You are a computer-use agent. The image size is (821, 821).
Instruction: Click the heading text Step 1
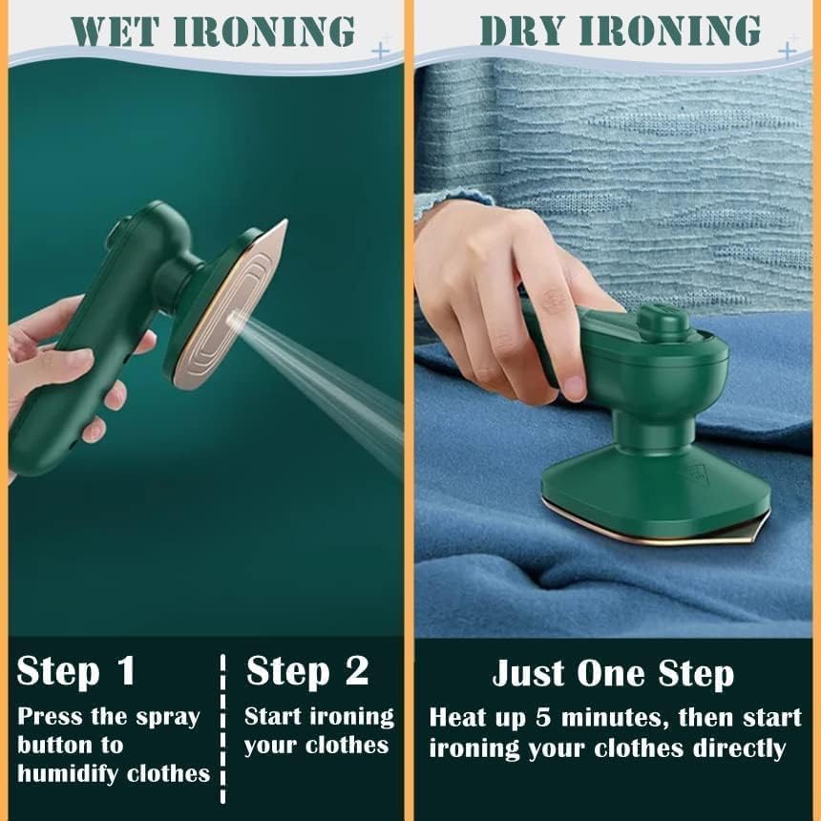coord(76,671)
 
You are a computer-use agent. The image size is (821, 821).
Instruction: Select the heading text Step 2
coord(307,671)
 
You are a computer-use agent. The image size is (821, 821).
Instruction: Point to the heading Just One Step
coord(613,674)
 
